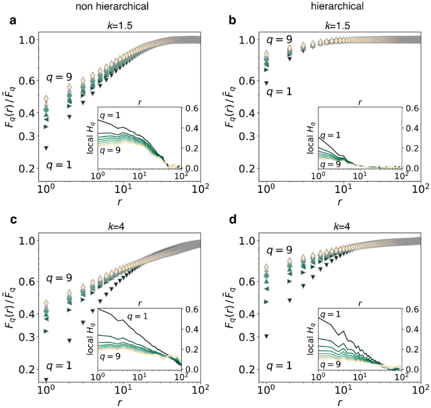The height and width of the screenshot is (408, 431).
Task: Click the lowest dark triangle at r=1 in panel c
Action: coord(46,380)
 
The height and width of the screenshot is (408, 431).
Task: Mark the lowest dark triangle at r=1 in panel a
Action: coord(46,148)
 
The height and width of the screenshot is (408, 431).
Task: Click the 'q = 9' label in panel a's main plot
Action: coord(60,78)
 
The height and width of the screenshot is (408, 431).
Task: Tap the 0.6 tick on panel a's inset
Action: coord(188,108)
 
